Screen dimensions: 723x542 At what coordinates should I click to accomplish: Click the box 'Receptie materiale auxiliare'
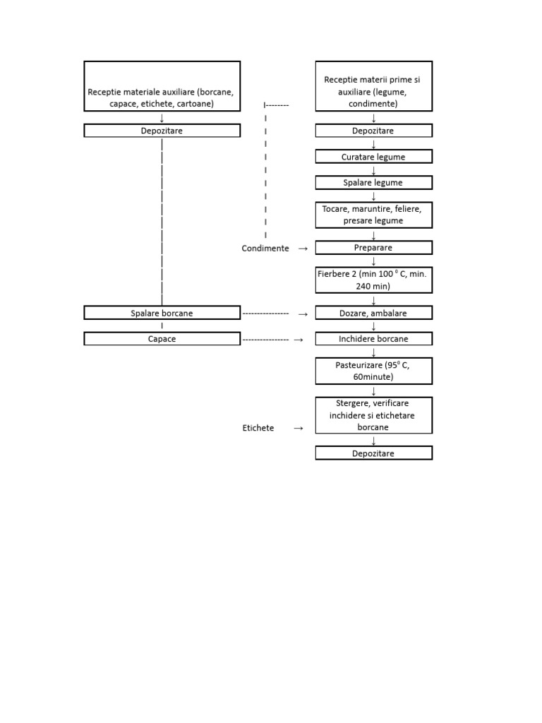pyautogui.click(x=162, y=86)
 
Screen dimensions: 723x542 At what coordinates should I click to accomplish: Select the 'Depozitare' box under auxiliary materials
pyautogui.click(x=162, y=131)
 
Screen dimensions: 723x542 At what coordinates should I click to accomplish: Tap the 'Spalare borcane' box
pyautogui.click(x=162, y=313)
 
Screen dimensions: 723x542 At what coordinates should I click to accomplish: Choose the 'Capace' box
pyautogui.click(x=162, y=339)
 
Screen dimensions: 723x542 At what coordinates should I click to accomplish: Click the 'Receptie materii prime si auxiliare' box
pyautogui.click(x=373, y=86)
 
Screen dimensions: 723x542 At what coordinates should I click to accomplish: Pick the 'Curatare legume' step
pyautogui.click(x=373, y=157)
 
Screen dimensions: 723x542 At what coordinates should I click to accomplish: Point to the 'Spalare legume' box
pyautogui.click(x=373, y=183)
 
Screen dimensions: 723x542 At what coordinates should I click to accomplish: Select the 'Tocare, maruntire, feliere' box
pyautogui.click(x=373, y=215)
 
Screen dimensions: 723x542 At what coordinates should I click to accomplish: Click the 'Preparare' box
pyautogui.click(x=373, y=248)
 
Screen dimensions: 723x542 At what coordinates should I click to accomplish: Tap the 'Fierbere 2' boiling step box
pyautogui.click(x=373, y=280)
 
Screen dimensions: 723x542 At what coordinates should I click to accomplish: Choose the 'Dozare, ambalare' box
pyautogui.click(x=373, y=313)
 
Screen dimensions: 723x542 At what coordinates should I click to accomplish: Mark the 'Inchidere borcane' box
pyautogui.click(x=373, y=339)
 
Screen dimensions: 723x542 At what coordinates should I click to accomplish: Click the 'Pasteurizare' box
pyautogui.click(x=373, y=371)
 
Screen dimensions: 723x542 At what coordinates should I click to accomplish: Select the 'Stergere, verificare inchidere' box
pyautogui.click(x=373, y=415)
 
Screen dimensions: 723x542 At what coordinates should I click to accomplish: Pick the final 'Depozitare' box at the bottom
pyautogui.click(x=373, y=453)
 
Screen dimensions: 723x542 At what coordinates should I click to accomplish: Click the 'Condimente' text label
pyautogui.click(x=265, y=249)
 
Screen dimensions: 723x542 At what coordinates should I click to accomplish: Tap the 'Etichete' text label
pyautogui.click(x=258, y=428)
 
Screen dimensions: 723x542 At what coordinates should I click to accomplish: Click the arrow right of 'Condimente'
pyautogui.click(x=303, y=249)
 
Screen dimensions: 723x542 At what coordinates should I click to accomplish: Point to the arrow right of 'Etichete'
pyautogui.click(x=299, y=428)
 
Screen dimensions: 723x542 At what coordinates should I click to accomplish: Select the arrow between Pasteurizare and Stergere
pyautogui.click(x=373, y=390)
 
